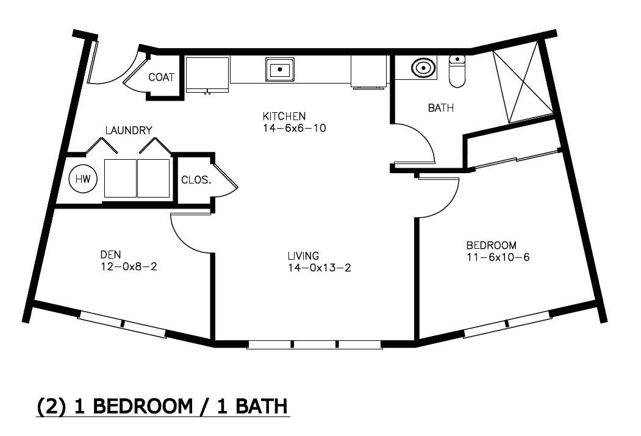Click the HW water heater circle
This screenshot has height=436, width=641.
pyautogui.click(x=83, y=179)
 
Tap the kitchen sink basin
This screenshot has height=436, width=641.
pyautogui.click(x=279, y=70)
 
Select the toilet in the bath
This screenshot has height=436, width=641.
pyautogui.click(x=457, y=71)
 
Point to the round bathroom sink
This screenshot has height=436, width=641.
pyautogui.click(x=423, y=68)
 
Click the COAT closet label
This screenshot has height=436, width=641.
pyautogui.click(x=162, y=77)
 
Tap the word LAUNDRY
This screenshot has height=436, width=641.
pyautogui.click(x=129, y=130)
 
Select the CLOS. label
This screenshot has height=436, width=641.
pyautogui.click(x=196, y=180)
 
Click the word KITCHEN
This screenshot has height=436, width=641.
pyautogui.click(x=284, y=116)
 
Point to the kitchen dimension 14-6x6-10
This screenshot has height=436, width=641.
pyautogui.click(x=295, y=128)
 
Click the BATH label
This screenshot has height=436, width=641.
pyautogui.click(x=441, y=108)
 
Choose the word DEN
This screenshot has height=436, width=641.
pyautogui.click(x=111, y=254)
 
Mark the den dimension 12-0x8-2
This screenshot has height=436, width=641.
pyautogui.click(x=129, y=267)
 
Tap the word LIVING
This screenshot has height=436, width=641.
pyautogui.click(x=303, y=256)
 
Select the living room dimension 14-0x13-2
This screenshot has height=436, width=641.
pyautogui.click(x=320, y=268)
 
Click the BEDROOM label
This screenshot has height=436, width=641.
pyautogui.click(x=492, y=245)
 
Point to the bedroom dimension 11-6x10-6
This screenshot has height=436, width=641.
pyautogui.click(x=498, y=257)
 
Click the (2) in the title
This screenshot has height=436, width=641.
pyautogui.click(x=51, y=407)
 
